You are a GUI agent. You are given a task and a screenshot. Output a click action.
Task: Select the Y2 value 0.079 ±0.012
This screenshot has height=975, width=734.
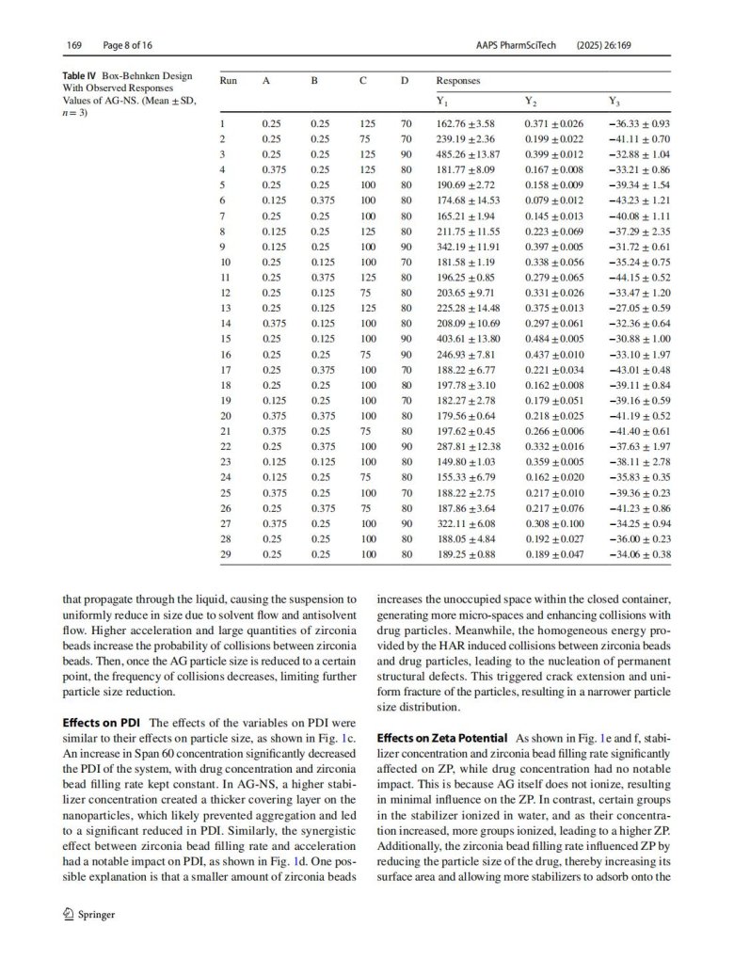tap(553, 200)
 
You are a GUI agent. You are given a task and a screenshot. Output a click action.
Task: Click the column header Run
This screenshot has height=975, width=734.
tap(228, 81)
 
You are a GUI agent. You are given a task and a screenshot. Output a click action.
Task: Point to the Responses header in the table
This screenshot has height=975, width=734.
tap(458, 81)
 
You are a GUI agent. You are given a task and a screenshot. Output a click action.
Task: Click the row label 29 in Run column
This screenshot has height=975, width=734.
tap(225, 554)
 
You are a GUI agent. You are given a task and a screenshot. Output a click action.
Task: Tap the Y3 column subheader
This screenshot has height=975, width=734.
tap(615, 101)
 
